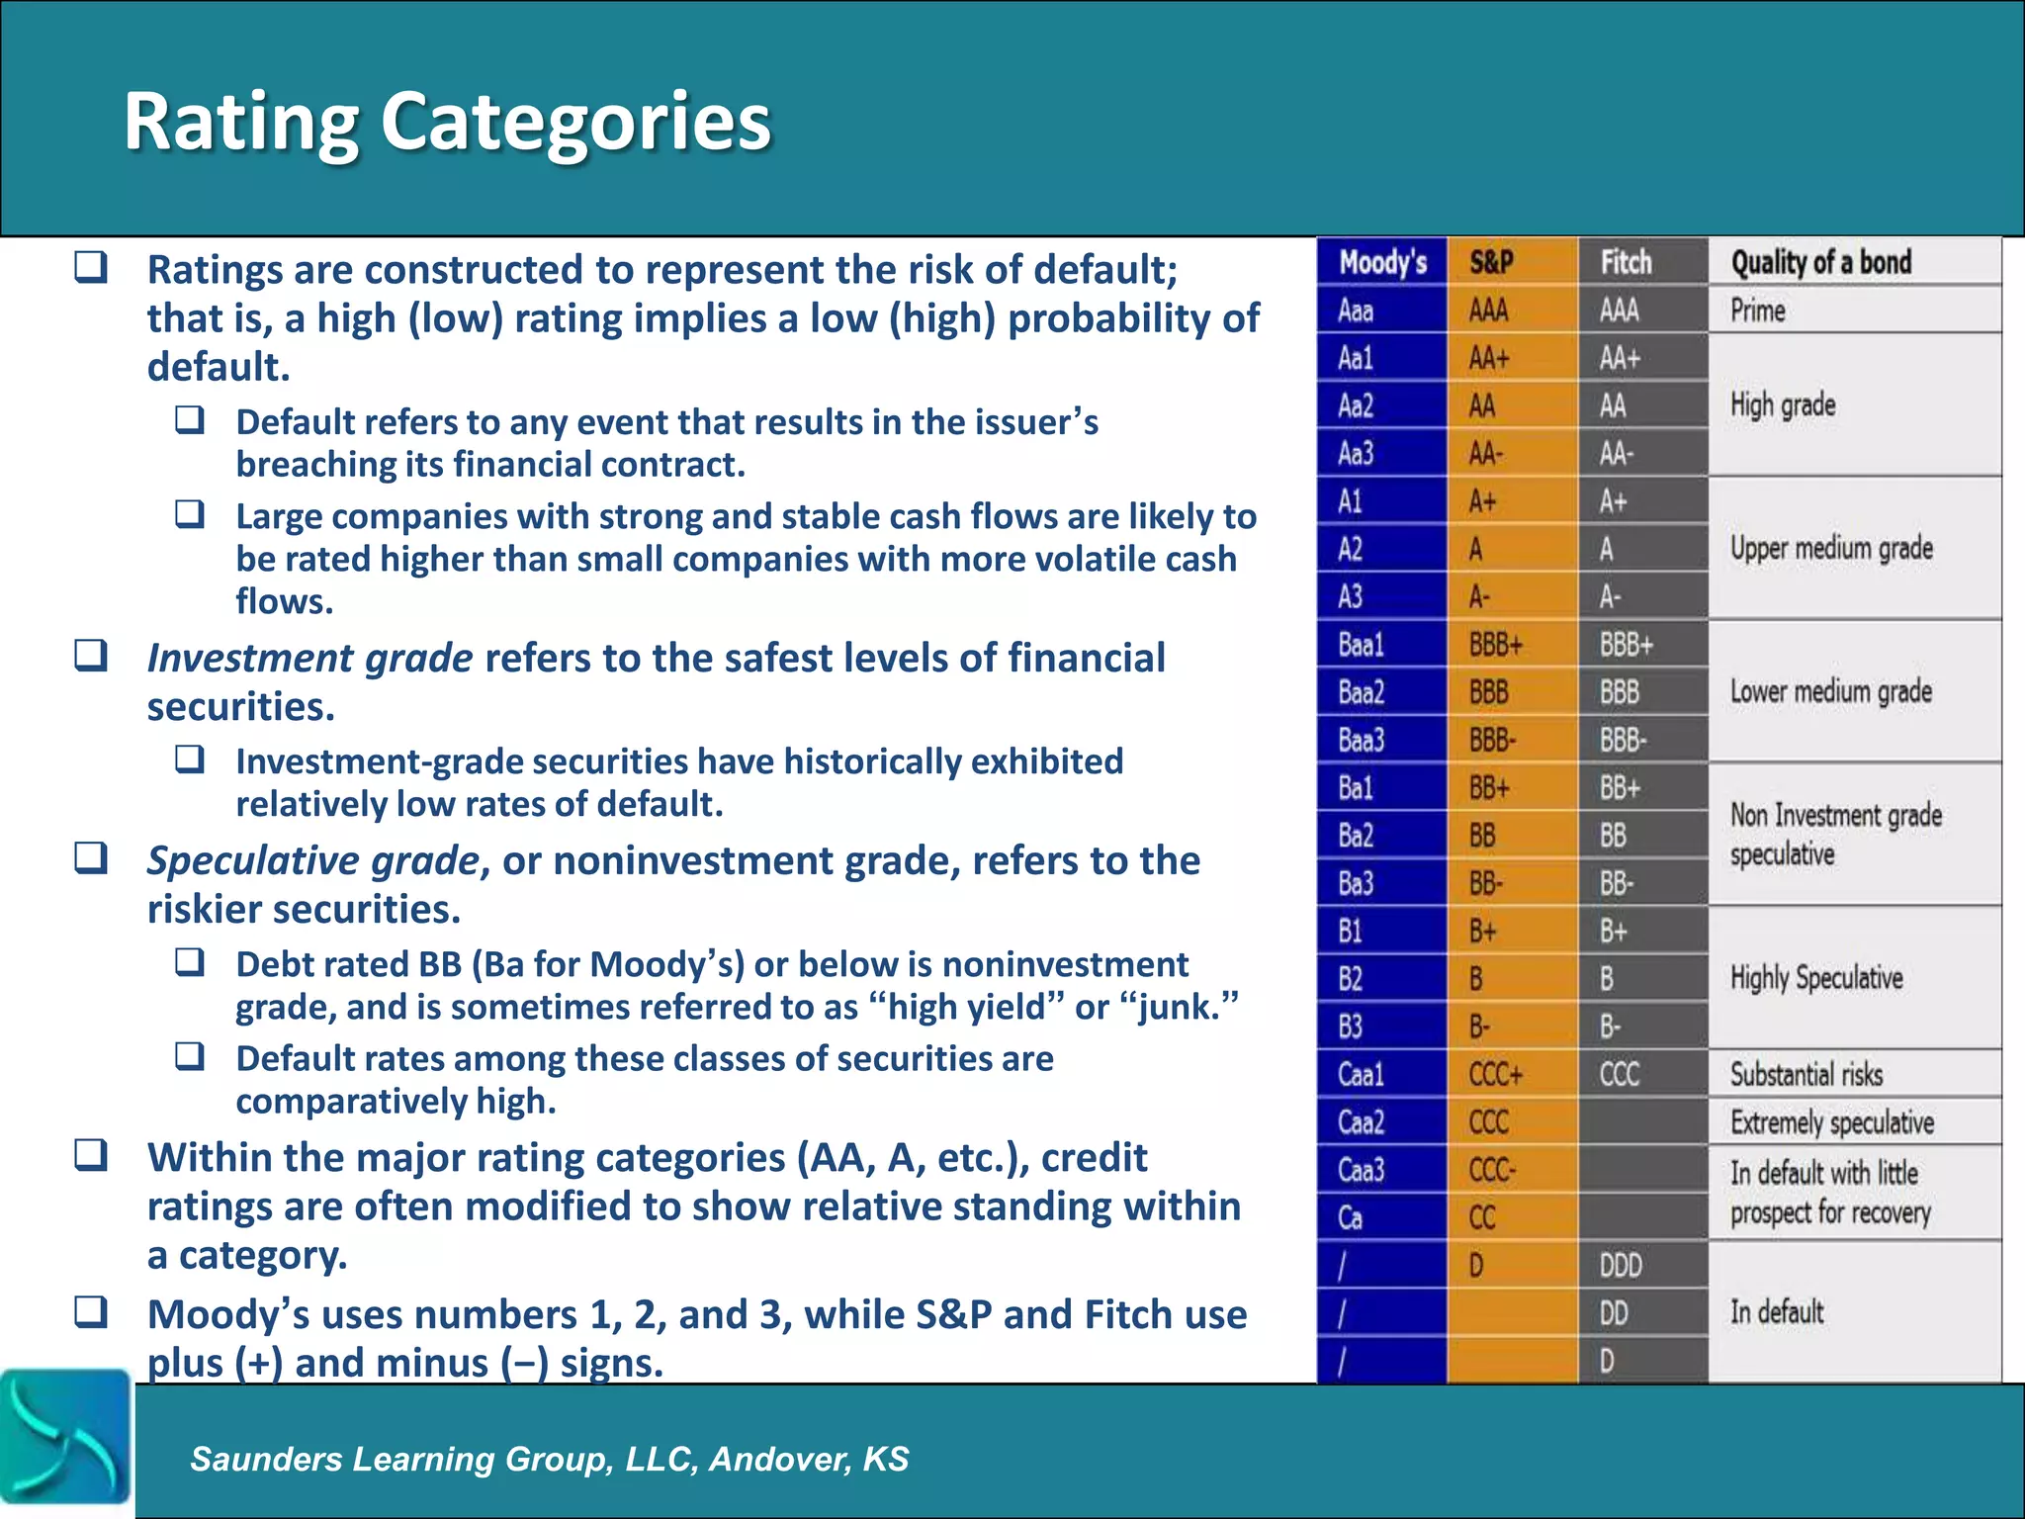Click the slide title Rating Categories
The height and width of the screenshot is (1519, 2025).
tap(447, 122)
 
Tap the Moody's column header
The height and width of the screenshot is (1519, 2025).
tap(1381, 262)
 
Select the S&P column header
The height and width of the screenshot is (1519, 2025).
tap(1491, 262)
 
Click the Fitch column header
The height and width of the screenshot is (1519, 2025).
tap(1626, 262)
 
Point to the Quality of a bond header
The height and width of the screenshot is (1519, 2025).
tap(1820, 262)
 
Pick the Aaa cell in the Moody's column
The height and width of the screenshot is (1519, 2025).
tap(1356, 311)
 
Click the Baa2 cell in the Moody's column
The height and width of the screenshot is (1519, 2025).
tap(1361, 692)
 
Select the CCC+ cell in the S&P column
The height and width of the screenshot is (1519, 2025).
tap(1495, 1074)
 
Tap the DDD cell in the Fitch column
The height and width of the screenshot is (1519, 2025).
tap(1621, 1265)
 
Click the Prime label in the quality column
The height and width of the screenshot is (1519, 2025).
tap(1757, 311)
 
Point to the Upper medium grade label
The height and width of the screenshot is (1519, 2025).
tap(1831, 548)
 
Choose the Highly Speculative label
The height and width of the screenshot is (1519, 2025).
tap(1816, 978)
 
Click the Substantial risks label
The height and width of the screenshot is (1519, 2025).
tap(1805, 1074)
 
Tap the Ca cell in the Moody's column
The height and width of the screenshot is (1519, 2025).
tap(1350, 1217)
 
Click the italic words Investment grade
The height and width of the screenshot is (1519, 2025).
tap(309, 659)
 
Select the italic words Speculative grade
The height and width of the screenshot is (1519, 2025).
tap(313, 860)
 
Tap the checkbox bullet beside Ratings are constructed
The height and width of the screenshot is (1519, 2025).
tap(91, 267)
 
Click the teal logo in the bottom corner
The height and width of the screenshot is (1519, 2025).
tap(65, 1436)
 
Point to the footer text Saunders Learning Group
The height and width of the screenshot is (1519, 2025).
tap(549, 1459)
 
